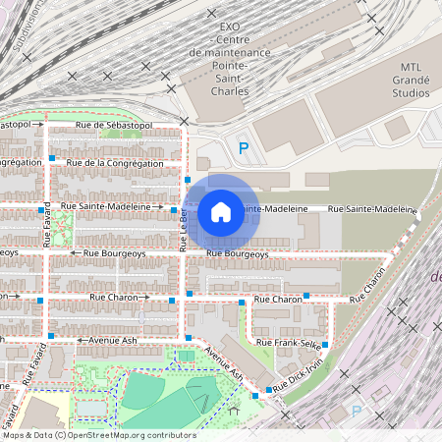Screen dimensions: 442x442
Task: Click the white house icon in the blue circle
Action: click(221, 211)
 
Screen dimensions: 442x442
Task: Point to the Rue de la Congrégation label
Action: click(114, 162)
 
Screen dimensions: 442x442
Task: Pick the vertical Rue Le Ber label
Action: click(183, 234)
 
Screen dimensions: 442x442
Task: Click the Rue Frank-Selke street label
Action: click(288, 341)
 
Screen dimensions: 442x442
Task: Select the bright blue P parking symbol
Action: click(244, 148)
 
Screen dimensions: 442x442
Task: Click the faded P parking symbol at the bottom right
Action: click(357, 411)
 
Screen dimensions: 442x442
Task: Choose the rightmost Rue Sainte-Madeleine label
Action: click(371, 209)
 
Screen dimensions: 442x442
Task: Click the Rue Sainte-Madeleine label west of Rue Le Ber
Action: click(111, 207)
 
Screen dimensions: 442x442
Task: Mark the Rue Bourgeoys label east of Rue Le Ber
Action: click(237, 254)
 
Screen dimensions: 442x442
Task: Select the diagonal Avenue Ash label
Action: click(224, 363)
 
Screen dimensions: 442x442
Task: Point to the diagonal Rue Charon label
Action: click(374, 279)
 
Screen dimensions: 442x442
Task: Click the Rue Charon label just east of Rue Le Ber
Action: click(278, 299)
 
